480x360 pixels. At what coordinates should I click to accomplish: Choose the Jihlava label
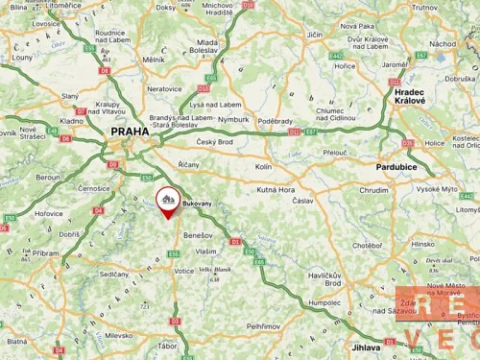(367, 347)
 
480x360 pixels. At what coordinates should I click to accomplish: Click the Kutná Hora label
(275, 190)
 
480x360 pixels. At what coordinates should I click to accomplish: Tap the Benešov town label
(198, 234)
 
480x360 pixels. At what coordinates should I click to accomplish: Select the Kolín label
(264, 166)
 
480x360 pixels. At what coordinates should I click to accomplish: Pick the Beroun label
(48, 178)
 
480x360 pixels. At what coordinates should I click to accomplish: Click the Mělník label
(154, 60)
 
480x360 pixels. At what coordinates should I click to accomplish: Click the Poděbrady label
(275, 121)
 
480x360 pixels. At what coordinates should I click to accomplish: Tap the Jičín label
(315, 35)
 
